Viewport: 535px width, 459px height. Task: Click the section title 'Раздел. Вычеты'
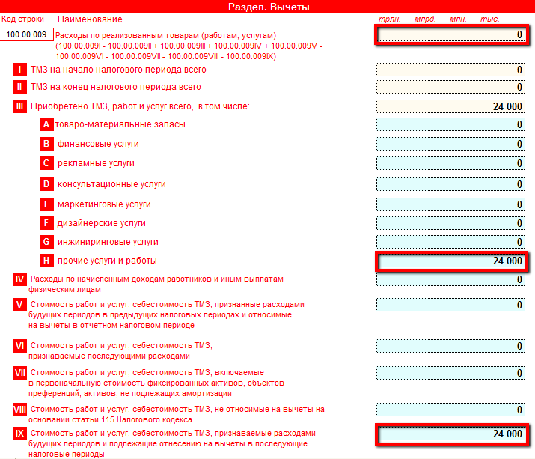click(268, 7)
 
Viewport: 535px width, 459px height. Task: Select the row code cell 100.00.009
click(26, 34)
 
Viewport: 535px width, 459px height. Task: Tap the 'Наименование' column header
click(90, 19)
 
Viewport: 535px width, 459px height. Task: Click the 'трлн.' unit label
click(391, 19)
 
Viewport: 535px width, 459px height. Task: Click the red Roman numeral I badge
click(20, 70)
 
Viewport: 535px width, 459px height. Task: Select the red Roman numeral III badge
click(20, 106)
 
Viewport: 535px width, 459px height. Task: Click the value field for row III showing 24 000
click(451, 107)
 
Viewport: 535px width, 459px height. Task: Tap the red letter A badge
click(47, 124)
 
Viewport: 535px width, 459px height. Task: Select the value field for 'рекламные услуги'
click(451, 164)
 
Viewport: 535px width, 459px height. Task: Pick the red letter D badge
click(47, 184)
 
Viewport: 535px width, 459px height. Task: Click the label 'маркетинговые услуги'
click(104, 204)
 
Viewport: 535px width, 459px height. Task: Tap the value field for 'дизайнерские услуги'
click(451, 224)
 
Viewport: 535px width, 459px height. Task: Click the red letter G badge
click(47, 242)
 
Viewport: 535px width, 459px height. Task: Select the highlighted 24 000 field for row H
click(452, 261)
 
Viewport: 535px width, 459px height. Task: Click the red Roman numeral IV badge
click(20, 279)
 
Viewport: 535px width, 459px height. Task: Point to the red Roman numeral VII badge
click(20, 372)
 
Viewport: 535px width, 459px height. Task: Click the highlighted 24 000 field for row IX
click(452, 434)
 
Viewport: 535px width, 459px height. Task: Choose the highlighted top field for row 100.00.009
click(452, 34)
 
